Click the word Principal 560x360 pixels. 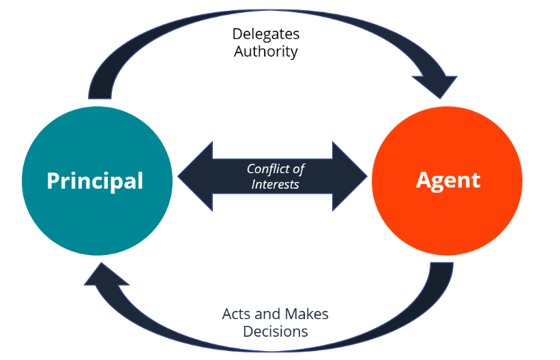click(95, 181)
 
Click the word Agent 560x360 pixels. click(448, 181)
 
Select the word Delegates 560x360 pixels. click(266, 35)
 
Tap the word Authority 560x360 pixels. click(266, 51)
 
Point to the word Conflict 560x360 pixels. click(267, 168)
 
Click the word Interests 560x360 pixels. click(275, 184)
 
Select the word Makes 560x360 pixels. click(307, 314)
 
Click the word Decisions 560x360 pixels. click(276, 332)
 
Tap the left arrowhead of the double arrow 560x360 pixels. click(195, 176)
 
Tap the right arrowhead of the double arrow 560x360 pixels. click(350, 176)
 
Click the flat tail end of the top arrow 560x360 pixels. click(100, 98)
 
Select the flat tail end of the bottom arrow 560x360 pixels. click(442, 263)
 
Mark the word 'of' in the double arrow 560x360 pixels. click(298, 169)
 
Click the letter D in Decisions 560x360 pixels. click(249, 331)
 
